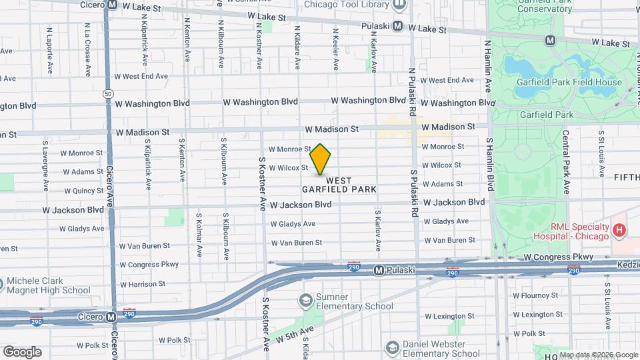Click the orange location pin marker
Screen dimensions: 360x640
[321, 159]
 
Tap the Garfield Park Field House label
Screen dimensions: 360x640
[569, 83]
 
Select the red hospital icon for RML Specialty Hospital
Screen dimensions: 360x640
[619, 231]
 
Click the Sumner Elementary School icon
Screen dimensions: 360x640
[306, 301]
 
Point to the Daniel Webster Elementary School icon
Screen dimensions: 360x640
[392, 348]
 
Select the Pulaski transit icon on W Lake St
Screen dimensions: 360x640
[397, 26]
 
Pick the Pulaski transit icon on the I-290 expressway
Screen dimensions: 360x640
[379, 271]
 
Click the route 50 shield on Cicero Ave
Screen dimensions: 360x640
[108, 94]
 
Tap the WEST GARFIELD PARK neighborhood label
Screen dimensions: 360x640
[339, 185]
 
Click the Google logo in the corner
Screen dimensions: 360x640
[22, 352]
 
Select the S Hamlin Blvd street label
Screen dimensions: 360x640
[490, 165]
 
